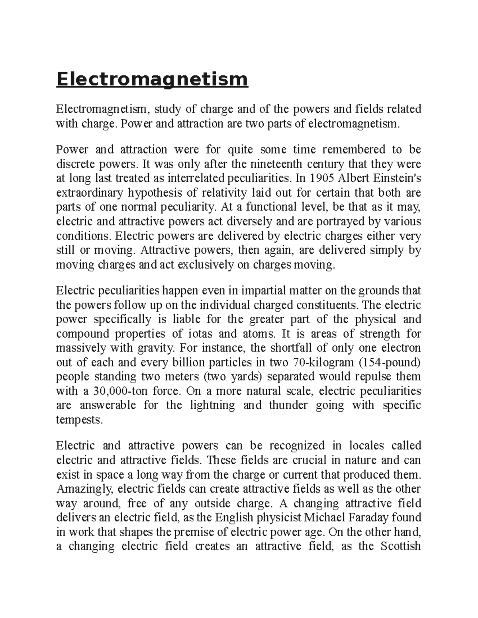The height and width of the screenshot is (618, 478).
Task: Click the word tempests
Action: pos(79,419)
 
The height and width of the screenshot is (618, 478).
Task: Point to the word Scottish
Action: pos(401,546)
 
